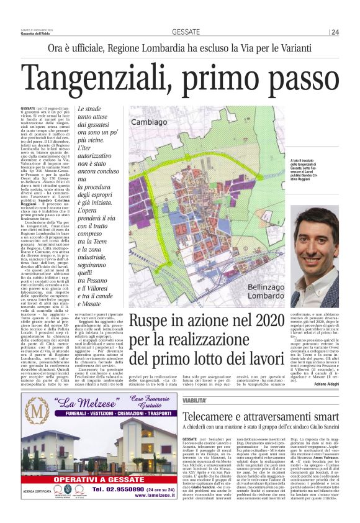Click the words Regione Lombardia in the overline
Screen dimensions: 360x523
[x=144, y=47]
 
